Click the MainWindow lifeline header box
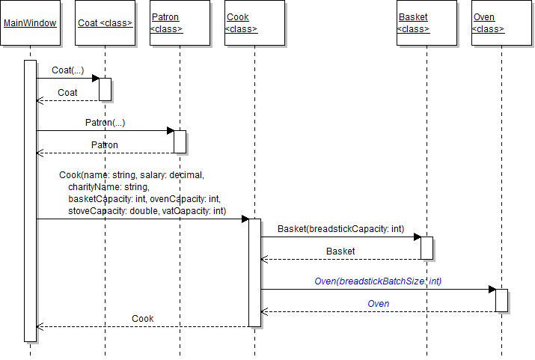click(x=30, y=23)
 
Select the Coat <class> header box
click(x=105, y=23)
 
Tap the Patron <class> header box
click(x=180, y=23)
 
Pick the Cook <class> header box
click(x=254, y=23)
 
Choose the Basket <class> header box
click(x=427, y=23)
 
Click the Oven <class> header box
click(x=501, y=23)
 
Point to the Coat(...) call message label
click(x=67, y=70)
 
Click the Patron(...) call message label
click(x=105, y=123)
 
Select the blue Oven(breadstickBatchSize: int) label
click(x=378, y=281)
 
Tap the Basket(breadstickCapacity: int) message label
click(x=340, y=228)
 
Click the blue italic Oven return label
click(x=378, y=303)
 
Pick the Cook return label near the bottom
click(x=142, y=319)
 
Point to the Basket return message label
click(x=340, y=251)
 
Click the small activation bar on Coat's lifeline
click(x=105, y=88)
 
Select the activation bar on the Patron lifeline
click(x=180, y=141)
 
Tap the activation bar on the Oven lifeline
click(x=501, y=300)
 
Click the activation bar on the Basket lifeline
click(x=427, y=248)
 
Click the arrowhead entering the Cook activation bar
click(x=244, y=219)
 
